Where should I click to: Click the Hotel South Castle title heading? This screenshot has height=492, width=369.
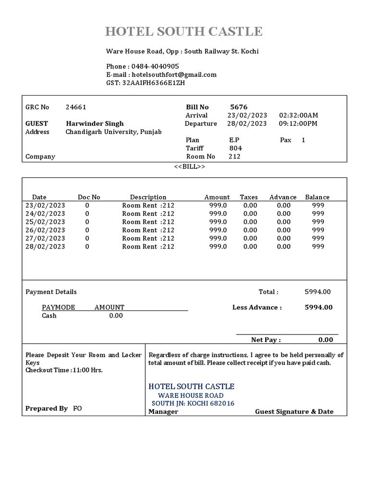(x=184, y=32)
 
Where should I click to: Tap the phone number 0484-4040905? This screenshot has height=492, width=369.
(x=155, y=66)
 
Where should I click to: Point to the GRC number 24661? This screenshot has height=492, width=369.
(x=76, y=107)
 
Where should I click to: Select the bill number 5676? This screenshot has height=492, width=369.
(x=239, y=107)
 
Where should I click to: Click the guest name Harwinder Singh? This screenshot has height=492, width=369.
(x=95, y=123)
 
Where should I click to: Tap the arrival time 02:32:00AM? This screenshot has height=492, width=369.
(x=298, y=115)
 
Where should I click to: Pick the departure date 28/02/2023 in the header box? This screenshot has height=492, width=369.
(x=247, y=123)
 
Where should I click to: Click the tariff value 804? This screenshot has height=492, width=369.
(x=235, y=148)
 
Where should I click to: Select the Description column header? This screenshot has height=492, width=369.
(x=148, y=197)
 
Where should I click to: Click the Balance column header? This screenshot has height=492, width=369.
(x=317, y=197)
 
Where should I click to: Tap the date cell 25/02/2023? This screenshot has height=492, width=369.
(x=45, y=222)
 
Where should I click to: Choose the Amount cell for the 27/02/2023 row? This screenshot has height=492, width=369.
(x=218, y=238)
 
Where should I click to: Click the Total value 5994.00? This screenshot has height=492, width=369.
(x=318, y=292)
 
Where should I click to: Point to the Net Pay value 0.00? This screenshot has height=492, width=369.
(x=325, y=340)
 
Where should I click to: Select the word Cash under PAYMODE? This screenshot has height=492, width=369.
(x=49, y=316)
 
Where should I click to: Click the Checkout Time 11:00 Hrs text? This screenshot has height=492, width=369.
(x=64, y=370)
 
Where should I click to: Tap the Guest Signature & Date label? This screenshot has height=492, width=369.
(x=294, y=411)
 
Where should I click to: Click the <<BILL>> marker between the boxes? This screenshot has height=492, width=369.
(x=189, y=166)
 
